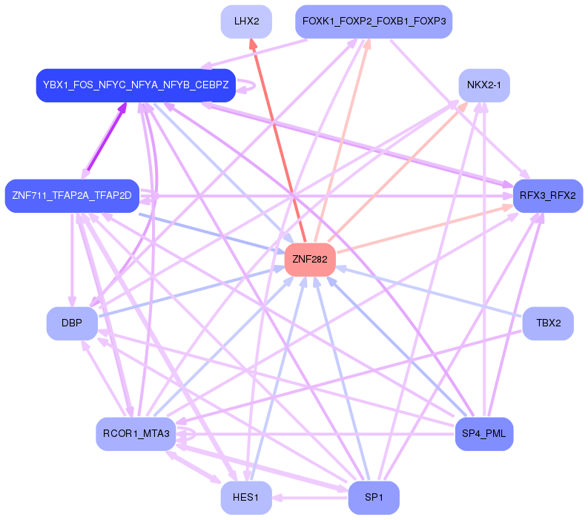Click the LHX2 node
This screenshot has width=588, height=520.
tap(246, 22)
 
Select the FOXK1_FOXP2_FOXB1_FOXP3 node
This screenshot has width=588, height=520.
tap(374, 22)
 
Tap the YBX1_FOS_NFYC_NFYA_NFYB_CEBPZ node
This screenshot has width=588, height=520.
tap(136, 85)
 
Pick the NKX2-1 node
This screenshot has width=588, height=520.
tap(484, 85)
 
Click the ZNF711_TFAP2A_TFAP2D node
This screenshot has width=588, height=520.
tap(72, 196)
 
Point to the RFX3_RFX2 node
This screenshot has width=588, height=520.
tap(548, 196)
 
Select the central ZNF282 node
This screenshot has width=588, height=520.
tap(310, 260)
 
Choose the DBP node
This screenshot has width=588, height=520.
tap(72, 323)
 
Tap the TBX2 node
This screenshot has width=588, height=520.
tap(548, 323)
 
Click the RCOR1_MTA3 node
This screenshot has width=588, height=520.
tap(136, 434)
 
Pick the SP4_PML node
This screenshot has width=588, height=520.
tap(484, 434)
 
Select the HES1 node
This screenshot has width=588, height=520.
tap(246, 498)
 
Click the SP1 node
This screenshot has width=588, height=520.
tap(374, 498)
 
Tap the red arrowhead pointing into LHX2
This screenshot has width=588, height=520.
tap(253, 45)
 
